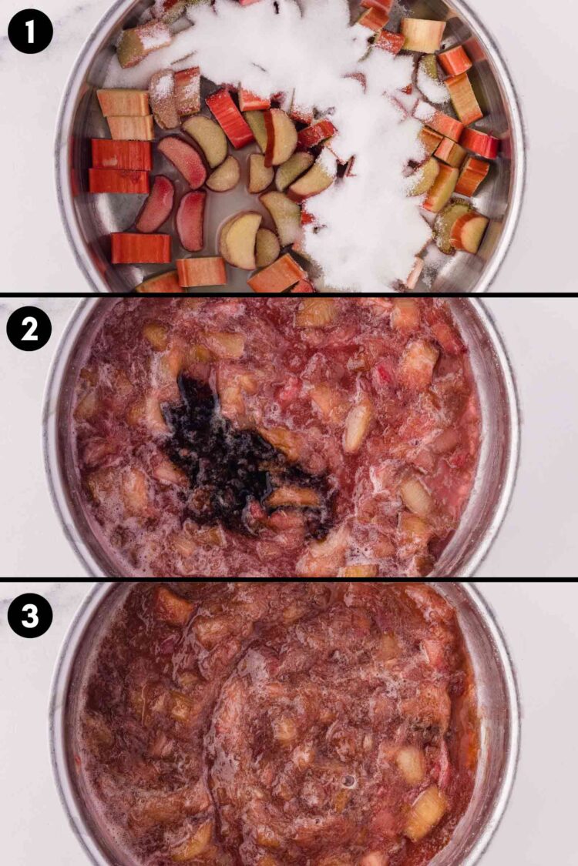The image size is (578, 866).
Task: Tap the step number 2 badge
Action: coord(29,329)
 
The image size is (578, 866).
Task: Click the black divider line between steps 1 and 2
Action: coord(289,295)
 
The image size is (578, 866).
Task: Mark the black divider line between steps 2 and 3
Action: coord(289,580)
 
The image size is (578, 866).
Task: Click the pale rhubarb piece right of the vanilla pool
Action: coord(358,423)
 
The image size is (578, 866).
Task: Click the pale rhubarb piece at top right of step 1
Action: coord(423,35)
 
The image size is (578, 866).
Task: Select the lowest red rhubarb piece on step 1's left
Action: coord(140,248)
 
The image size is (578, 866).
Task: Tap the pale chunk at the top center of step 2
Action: coord(316,312)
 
